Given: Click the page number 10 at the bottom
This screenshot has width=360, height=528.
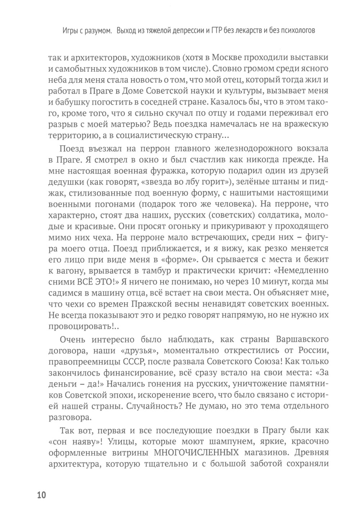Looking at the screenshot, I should pyautogui.click(x=41, y=496).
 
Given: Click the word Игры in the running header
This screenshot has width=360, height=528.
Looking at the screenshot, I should pyautogui.click(x=70, y=31).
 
